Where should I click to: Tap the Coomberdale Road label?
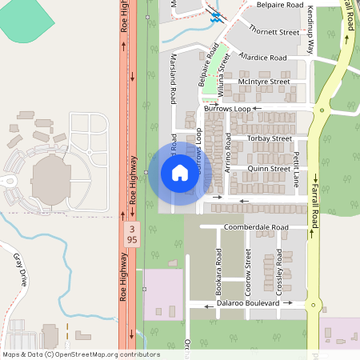click(256, 227)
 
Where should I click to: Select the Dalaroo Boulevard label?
click(248, 304)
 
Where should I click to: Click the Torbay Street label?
click(270, 138)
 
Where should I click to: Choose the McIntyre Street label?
click(263, 82)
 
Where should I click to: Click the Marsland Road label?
click(173, 80)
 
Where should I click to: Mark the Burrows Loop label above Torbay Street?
click(227, 107)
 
